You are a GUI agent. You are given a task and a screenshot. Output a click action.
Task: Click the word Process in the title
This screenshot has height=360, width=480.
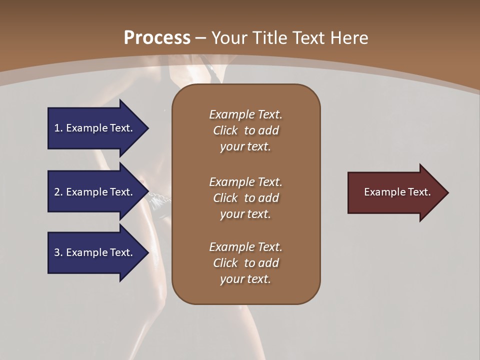pyautogui.click(x=157, y=37)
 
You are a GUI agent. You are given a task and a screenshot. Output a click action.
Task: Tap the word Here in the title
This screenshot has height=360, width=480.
pyautogui.click(x=348, y=37)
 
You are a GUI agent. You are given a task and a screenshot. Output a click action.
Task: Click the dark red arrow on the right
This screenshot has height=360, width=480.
pyautogui.click(x=395, y=192)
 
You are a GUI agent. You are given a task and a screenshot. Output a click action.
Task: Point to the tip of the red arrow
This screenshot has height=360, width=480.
pyautogui.click(x=447, y=192)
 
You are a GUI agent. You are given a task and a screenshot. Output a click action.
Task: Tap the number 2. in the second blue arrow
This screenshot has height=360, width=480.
pyautogui.click(x=58, y=192)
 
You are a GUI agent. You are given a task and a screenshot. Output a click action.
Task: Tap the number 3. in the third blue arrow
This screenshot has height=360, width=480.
pyautogui.click(x=58, y=252)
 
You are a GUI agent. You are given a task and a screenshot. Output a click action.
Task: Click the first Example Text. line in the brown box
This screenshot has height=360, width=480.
pyautogui.click(x=245, y=114)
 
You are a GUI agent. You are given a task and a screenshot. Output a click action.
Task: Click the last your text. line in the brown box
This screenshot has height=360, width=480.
pyautogui.click(x=245, y=279)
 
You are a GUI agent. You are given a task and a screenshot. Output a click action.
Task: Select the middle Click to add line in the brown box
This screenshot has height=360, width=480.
pyautogui.click(x=245, y=198)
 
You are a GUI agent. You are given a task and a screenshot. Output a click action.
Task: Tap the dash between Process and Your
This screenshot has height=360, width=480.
pyautogui.click(x=201, y=38)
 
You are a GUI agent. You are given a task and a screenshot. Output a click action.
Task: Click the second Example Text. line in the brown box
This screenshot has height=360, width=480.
pyautogui.click(x=245, y=181)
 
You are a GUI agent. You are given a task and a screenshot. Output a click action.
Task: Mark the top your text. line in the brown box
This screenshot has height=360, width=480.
pyautogui.click(x=245, y=146)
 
